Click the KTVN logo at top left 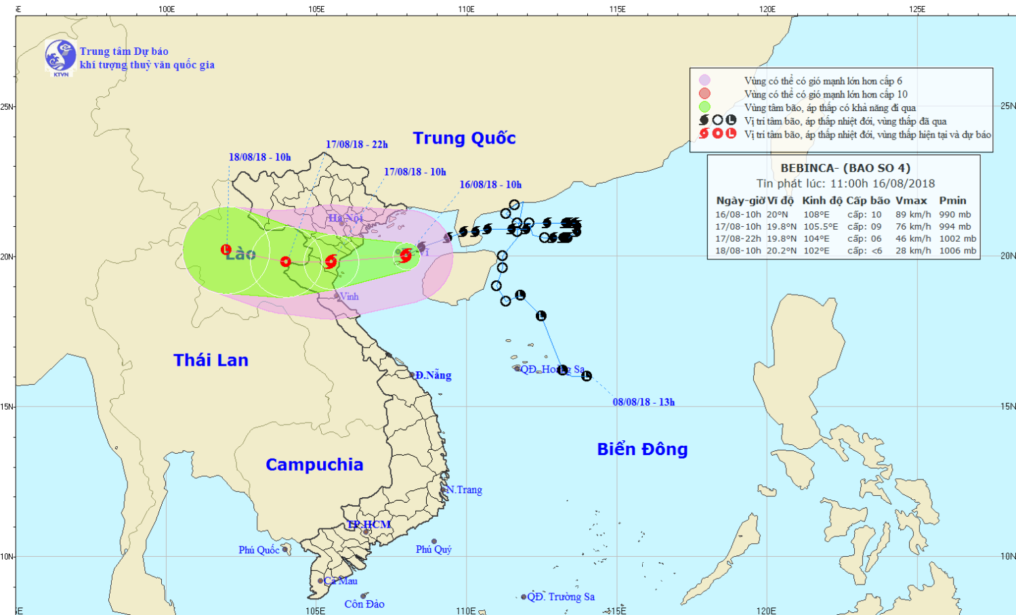coord(60,56)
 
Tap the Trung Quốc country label coord(464,138)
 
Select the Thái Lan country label coord(211,360)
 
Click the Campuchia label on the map coord(314,465)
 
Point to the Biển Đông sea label coord(642,449)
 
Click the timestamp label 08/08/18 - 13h coord(643,402)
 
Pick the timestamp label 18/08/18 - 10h coord(259,157)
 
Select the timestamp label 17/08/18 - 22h coord(356,144)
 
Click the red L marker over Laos coord(226,250)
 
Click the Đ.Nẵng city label coord(433,375)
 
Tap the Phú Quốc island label coord(258,550)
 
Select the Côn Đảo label coord(364,604)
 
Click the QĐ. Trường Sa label coord(561,597)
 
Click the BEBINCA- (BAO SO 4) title coord(845,168)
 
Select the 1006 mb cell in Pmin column coord(957,251)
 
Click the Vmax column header coord(910,200)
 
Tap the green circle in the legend coord(704,107)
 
